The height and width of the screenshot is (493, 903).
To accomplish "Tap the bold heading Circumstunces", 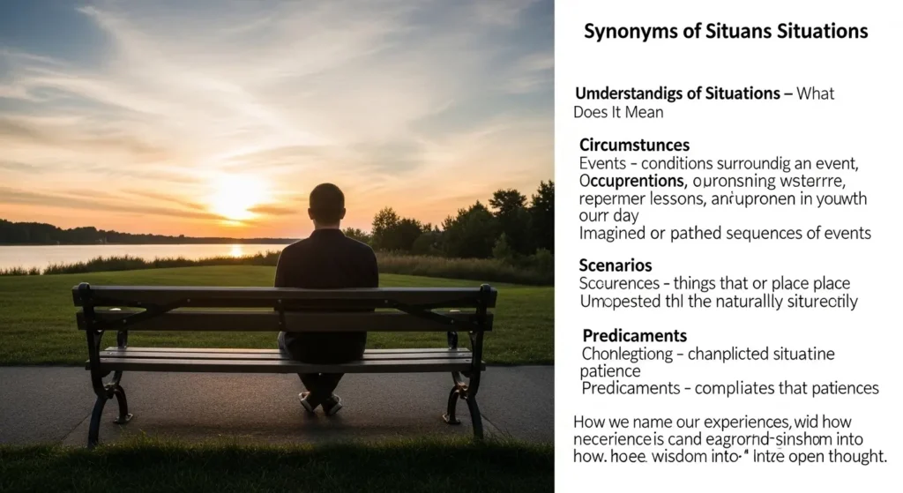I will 634,145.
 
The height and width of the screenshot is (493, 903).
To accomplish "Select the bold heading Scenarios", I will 616,265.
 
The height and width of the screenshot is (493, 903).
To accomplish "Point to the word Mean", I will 644,112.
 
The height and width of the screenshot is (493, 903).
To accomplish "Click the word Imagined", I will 611,234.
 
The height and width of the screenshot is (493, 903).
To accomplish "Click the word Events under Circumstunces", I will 601,163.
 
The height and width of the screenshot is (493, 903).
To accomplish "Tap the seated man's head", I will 327,205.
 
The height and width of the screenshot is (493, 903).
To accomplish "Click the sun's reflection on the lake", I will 235,252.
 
